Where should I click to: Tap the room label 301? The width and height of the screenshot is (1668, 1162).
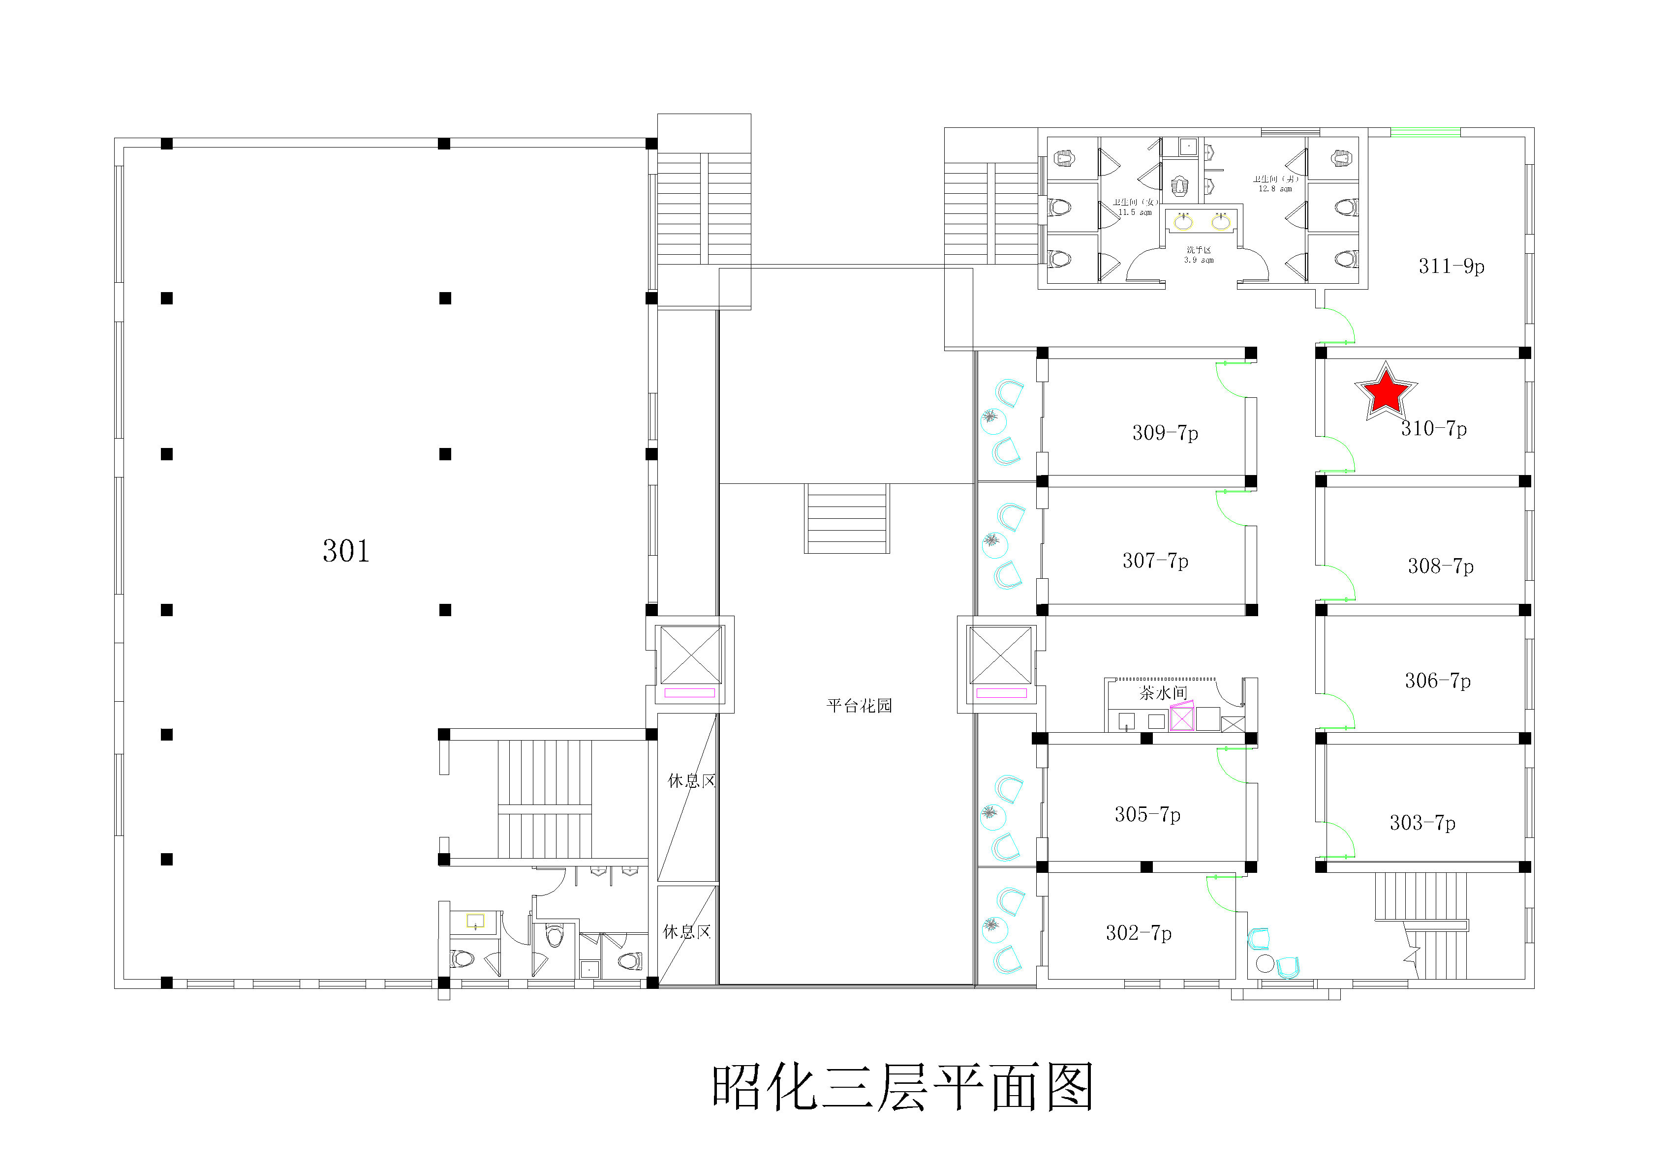pos(346,551)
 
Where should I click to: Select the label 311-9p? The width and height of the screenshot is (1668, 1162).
pos(1451,267)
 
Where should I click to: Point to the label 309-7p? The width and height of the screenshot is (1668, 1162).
pos(1165,433)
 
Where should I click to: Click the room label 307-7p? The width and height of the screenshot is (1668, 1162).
pos(1155,561)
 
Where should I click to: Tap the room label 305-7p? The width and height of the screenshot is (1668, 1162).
pos(1147,815)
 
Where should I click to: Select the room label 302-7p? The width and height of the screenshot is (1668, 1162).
pos(1139,933)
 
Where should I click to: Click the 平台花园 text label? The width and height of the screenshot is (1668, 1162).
pos(859,706)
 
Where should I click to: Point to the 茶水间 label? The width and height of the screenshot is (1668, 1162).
pos(1163,693)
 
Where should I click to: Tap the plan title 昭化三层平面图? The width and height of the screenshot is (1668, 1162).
pos(902,1087)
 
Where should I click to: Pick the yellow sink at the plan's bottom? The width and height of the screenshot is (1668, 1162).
pos(475,921)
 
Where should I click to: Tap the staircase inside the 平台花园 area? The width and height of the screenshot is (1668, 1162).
pos(846,518)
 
